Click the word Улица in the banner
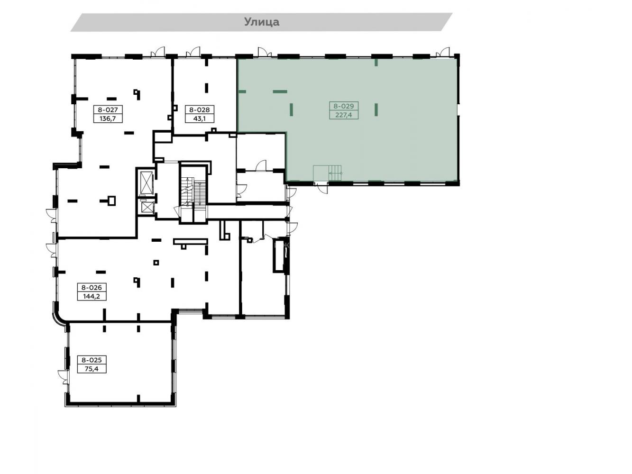coord(261,22)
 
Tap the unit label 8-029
coord(343,106)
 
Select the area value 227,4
coord(343,115)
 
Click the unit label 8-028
coord(199,109)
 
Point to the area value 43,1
coord(199,118)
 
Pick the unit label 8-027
coord(108,109)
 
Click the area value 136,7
coord(108,118)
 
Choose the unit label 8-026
coord(92,287)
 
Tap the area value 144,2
coord(92,296)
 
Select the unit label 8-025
coord(92,360)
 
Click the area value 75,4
coord(92,369)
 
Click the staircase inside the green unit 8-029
coord(327,173)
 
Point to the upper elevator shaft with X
coord(146,182)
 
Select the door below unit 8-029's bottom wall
coord(322,188)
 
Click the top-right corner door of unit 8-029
coord(443,52)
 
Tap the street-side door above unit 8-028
coord(193,52)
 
